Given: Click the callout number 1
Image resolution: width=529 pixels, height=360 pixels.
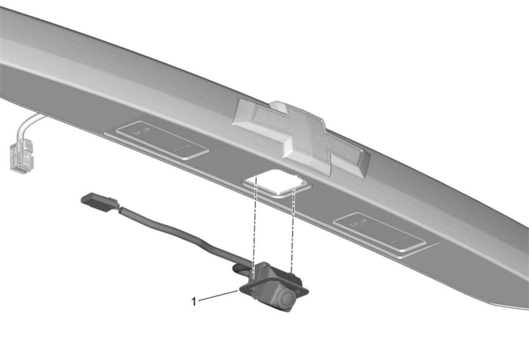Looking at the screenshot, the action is coord(194,302).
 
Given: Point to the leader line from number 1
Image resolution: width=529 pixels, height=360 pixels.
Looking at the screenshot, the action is coord(218,296).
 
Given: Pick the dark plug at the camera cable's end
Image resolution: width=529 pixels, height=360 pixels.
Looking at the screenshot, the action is coord(99,201).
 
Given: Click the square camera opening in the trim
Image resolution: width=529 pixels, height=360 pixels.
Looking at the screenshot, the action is coord(276,184).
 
